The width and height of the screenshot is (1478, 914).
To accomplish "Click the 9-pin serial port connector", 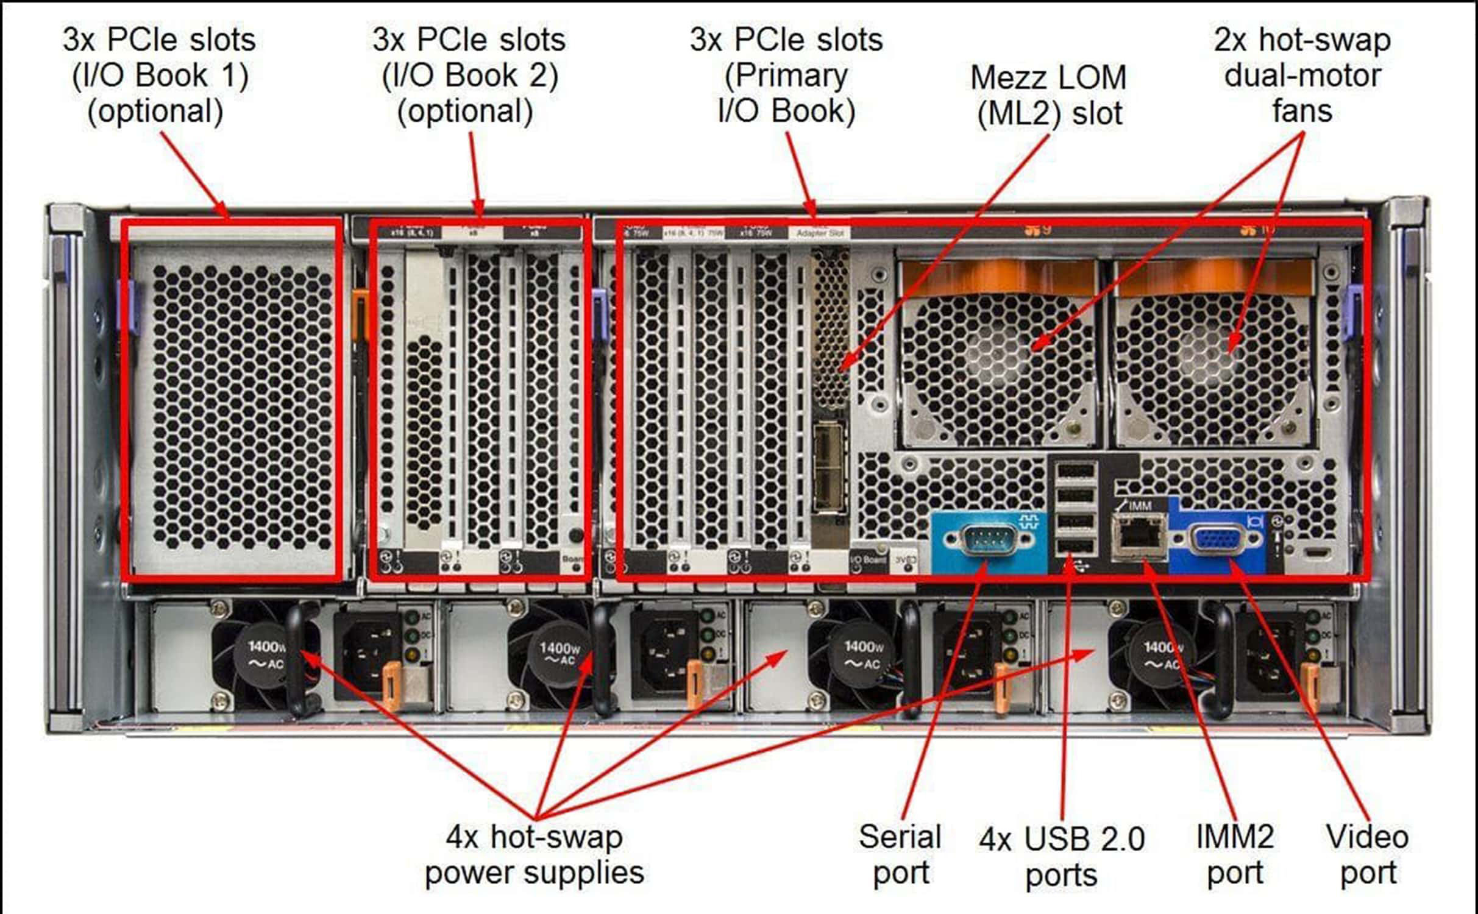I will tap(987, 540).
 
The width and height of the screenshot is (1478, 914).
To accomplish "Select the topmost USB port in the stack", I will tap(1076, 471).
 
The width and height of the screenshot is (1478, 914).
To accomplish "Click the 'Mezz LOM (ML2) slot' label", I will tap(1048, 96).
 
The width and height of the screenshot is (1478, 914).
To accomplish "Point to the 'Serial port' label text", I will tap(900, 854).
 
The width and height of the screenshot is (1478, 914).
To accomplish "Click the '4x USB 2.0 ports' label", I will tap(1062, 856).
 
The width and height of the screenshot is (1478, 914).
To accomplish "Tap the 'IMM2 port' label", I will tap(1235, 854).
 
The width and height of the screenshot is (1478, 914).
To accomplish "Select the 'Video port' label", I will tap(1367, 854).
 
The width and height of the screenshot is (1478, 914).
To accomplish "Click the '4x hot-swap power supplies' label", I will tap(534, 854).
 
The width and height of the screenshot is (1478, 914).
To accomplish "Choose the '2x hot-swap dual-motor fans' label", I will tap(1302, 76).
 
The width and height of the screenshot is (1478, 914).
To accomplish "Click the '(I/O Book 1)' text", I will tap(160, 76).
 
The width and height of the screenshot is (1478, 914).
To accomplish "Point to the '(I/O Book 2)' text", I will tap(469, 76).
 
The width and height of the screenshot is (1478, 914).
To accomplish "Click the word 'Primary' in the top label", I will tap(786, 76).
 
